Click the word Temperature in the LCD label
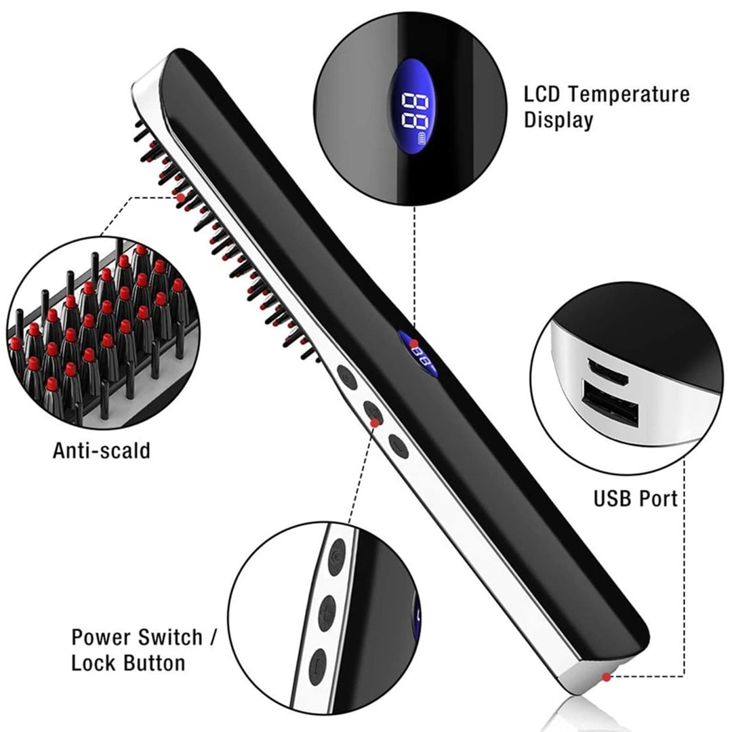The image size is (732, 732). point(629,95)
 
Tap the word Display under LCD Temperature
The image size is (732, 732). point(558,120)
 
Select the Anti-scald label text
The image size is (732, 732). point(101,451)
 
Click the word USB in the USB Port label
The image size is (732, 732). point(610,499)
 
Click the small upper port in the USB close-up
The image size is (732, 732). point(607,371)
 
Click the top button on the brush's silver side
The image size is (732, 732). point(347,376)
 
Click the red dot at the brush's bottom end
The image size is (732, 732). point(606,676)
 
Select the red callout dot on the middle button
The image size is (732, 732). point(374,422)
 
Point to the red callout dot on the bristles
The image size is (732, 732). point(180,197)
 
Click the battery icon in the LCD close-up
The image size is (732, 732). point(422,139)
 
